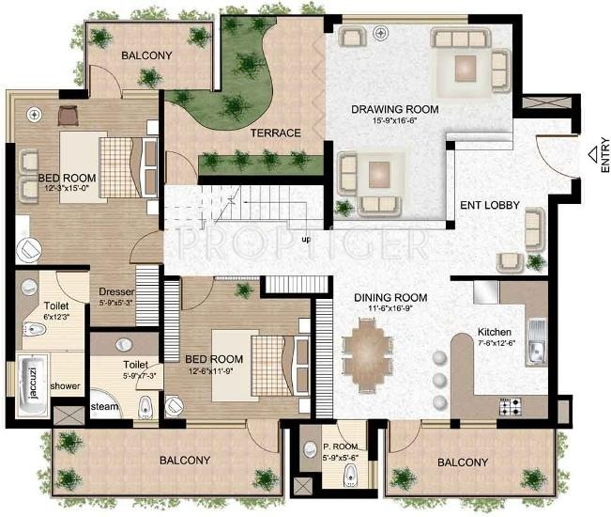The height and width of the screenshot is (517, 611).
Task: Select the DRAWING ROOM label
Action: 395,109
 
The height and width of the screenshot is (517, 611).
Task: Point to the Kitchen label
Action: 495,333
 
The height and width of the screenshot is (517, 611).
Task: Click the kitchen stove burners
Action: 510,406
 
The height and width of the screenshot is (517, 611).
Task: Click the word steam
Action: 103,407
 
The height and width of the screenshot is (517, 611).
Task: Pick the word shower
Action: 66,386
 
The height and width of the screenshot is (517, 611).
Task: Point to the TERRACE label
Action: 275,133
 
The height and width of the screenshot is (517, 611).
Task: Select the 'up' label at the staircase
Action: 306,239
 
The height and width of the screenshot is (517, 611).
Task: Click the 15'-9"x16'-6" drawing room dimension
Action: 395,121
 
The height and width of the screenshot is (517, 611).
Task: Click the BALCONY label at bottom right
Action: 463,462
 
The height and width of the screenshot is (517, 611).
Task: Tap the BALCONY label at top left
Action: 146,55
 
